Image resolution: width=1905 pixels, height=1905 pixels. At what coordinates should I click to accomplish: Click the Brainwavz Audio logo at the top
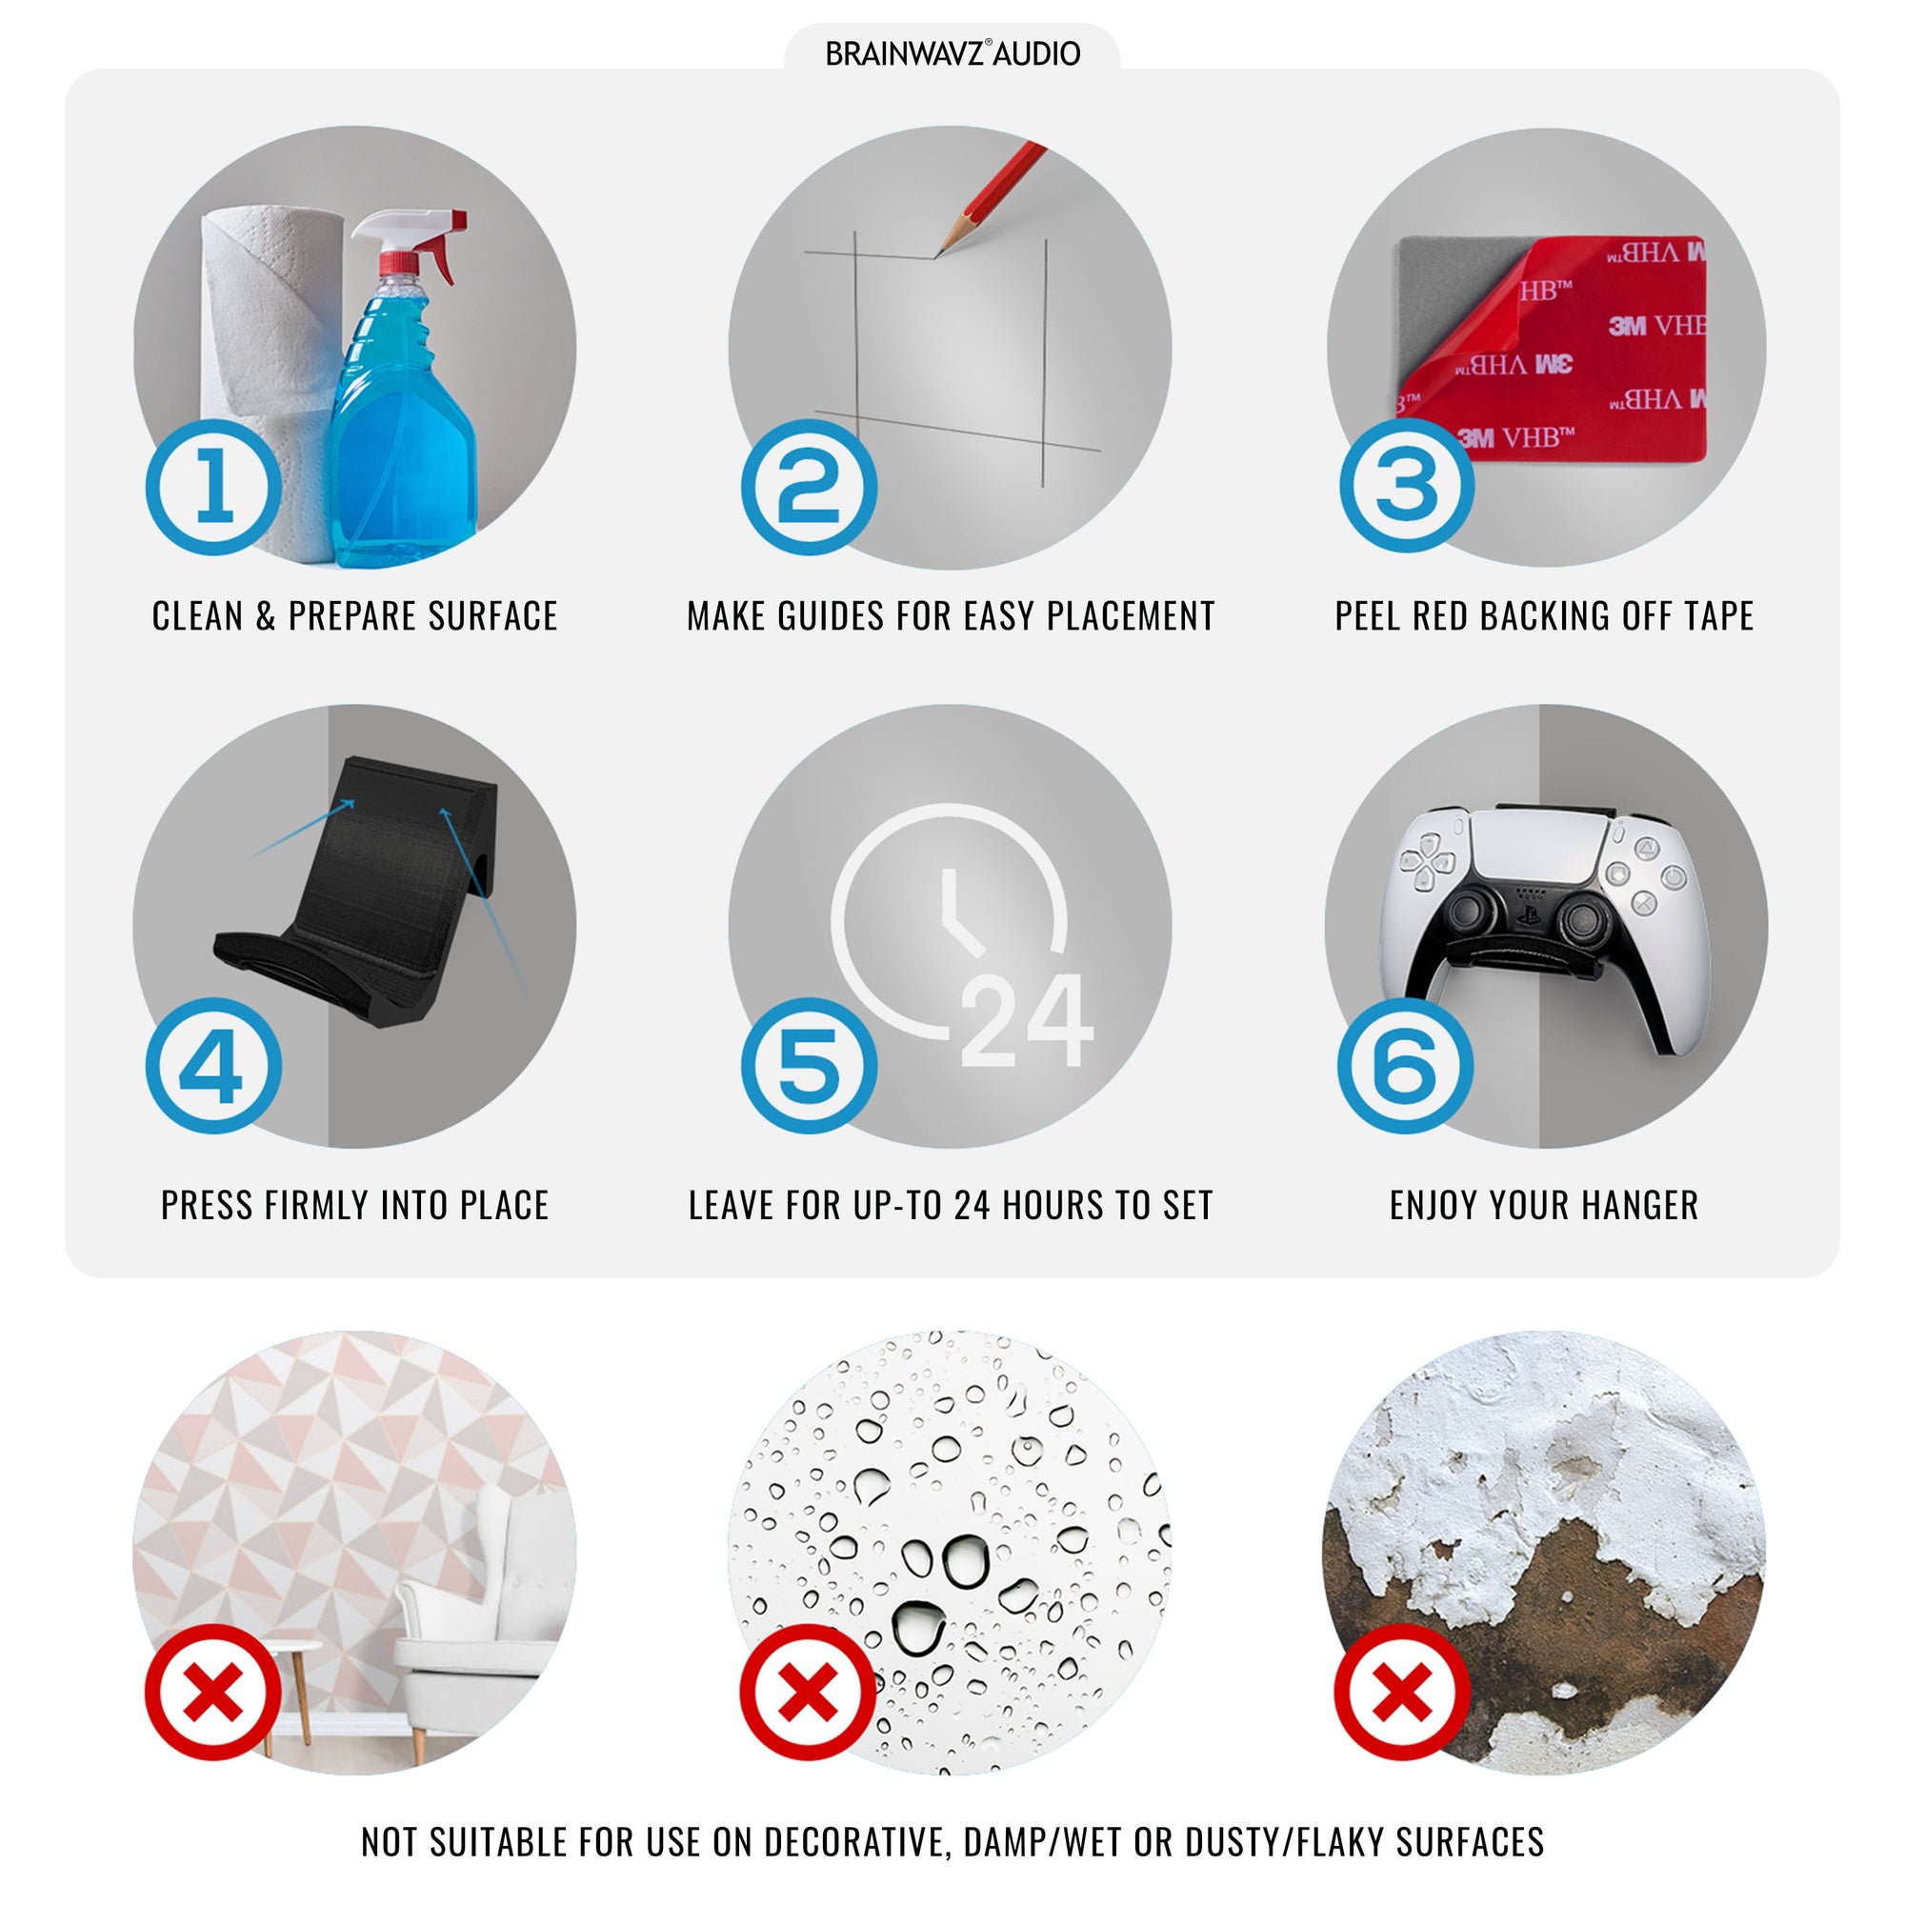[952, 53]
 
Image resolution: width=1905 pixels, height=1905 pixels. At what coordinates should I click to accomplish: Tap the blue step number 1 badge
[214, 487]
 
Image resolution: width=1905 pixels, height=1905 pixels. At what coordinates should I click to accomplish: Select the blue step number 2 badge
[810, 487]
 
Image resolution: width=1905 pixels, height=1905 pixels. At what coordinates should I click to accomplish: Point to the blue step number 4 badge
[214, 1066]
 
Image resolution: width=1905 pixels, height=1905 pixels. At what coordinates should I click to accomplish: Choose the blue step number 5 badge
[810, 1066]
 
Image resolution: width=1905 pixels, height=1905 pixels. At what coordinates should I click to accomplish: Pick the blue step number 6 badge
[1406, 1066]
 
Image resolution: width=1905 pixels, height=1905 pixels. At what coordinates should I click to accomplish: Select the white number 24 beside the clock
[1027, 1020]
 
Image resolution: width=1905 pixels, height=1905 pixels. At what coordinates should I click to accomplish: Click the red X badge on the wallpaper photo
[213, 1692]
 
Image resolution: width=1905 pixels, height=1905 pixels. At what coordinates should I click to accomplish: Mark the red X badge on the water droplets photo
[809, 1692]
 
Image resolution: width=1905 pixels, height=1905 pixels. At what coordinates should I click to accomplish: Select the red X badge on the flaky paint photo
[1402, 1692]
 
